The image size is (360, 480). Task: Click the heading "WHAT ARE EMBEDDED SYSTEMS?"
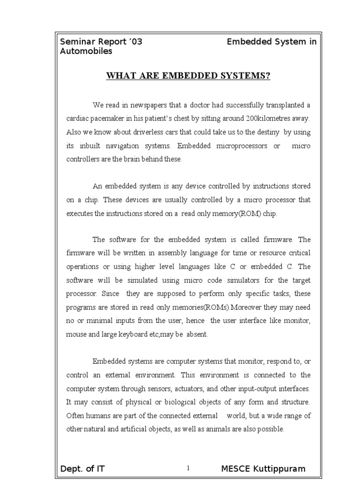[x=189, y=76]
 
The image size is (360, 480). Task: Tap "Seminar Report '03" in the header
[x=101, y=42]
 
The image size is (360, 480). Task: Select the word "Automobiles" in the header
[x=86, y=51]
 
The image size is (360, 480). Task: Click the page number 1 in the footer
[x=187, y=468]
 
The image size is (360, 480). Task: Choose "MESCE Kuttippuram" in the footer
[x=263, y=469]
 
